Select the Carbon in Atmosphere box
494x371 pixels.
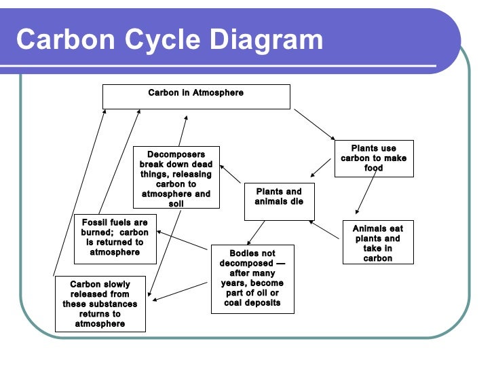[196, 96]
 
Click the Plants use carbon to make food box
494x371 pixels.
[373, 158]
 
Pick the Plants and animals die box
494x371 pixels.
[279, 201]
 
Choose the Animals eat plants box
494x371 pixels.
[377, 243]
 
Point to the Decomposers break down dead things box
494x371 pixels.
[176, 177]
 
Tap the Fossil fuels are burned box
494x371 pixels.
[115, 238]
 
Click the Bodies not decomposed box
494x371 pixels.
[252, 278]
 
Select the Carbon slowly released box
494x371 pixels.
[100, 304]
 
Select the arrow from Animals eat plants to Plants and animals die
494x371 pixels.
[324, 230]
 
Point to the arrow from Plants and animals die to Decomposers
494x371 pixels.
[231, 174]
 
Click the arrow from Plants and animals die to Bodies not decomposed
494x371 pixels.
[255, 232]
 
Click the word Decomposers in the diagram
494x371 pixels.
[176, 154]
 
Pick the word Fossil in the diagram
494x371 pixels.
[96, 223]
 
